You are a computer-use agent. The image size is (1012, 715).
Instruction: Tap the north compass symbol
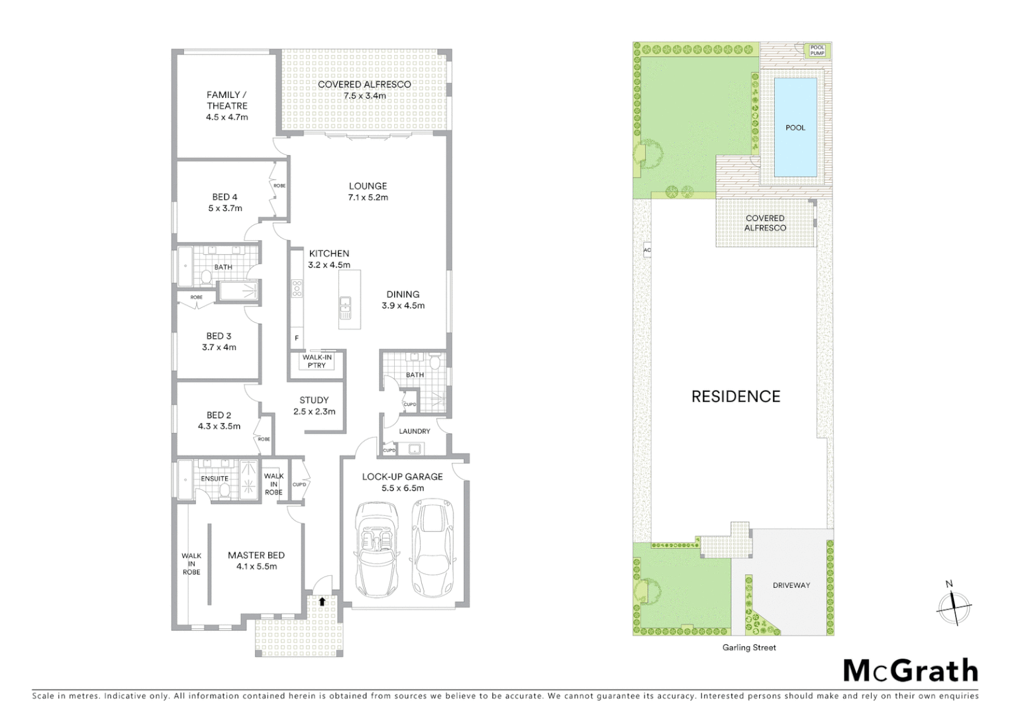(954, 606)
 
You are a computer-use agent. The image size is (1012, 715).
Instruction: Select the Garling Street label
(749, 647)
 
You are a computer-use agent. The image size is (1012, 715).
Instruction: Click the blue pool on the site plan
(795, 127)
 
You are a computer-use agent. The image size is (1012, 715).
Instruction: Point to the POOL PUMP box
(817, 50)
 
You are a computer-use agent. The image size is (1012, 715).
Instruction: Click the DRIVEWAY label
(791, 585)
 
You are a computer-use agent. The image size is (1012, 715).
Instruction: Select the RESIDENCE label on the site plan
(736, 397)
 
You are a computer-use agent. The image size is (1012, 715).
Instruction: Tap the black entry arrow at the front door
(322, 602)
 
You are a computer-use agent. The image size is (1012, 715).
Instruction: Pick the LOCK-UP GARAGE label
(402, 477)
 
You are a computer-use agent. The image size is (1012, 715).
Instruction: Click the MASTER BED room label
(256, 555)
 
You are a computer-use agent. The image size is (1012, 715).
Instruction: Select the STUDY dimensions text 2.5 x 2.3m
(314, 411)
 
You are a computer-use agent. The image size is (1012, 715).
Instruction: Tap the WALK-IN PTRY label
(317, 361)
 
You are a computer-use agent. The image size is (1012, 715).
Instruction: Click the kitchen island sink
(345, 304)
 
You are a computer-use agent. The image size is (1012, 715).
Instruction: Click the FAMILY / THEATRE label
(227, 100)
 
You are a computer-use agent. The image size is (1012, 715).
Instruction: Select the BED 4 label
(225, 197)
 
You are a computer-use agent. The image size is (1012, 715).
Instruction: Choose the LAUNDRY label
(415, 431)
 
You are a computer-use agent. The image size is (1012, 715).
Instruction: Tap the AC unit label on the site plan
(647, 250)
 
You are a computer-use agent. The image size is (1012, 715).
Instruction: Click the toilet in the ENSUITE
(225, 491)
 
